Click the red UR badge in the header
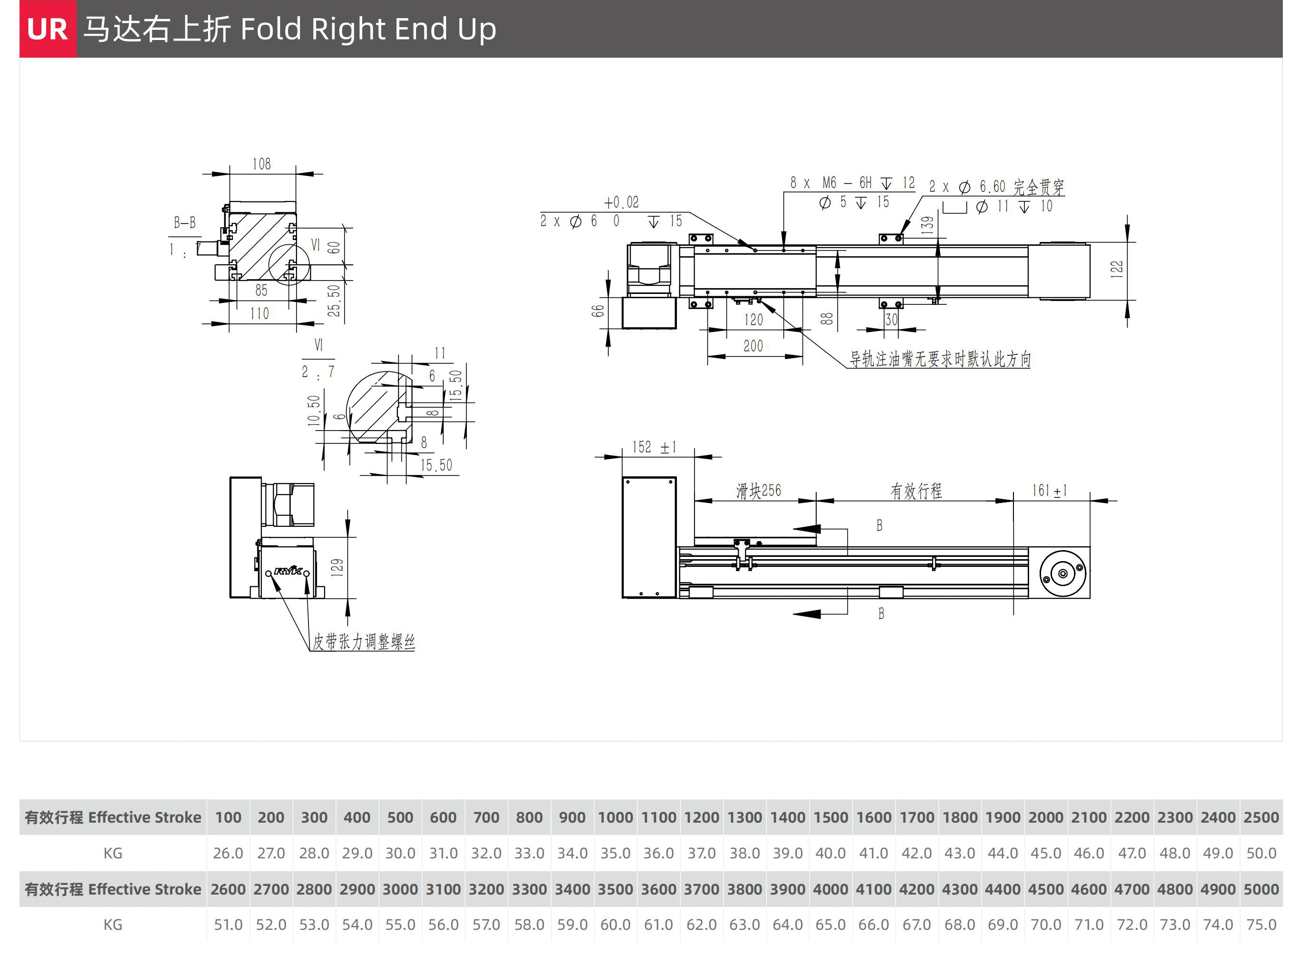pos(48,29)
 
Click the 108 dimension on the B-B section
pos(261,164)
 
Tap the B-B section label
pos(185,223)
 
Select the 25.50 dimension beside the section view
pos(334,301)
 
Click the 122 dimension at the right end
pos(1116,269)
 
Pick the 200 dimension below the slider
pos(753,346)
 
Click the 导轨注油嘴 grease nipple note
pos(940,359)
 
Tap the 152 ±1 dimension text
pos(654,447)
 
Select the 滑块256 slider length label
pos(758,491)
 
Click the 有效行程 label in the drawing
pos(916,491)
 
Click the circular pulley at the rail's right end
pos(1063,574)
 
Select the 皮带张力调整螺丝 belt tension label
pos(364,642)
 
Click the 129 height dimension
pos(337,568)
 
